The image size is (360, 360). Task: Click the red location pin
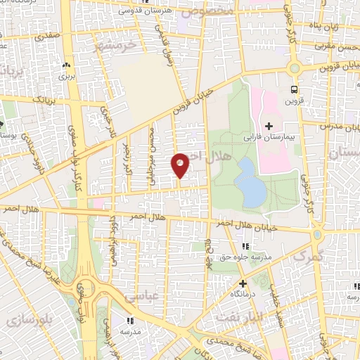[x=181, y=165]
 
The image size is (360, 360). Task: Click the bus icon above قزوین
[x=293, y=89]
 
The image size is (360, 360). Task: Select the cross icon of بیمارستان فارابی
[x=269, y=125]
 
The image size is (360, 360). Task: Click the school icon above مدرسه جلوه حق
[x=245, y=246]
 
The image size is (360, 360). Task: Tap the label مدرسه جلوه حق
[x=245, y=257]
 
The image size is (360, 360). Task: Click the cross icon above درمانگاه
[x=243, y=283]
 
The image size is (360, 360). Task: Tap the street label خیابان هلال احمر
[x=275, y=227]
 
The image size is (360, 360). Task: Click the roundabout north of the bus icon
[x=294, y=68]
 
